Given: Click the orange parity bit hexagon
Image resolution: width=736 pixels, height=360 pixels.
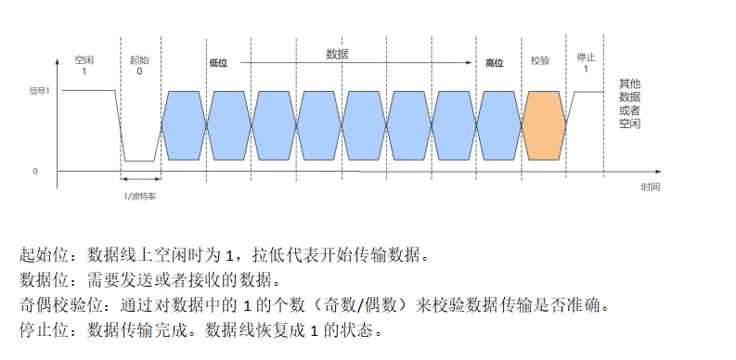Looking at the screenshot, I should click(x=545, y=125).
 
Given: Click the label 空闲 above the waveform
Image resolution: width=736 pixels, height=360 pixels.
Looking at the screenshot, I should click(x=84, y=59).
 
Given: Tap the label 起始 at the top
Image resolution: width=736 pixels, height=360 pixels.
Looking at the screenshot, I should click(x=139, y=59).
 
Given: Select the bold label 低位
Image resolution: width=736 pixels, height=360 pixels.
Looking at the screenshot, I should click(x=219, y=62).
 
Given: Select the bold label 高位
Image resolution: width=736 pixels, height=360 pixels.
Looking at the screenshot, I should click(x=494, y=62).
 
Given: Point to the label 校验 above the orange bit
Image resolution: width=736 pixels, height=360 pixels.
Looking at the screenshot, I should click(x=540, y=60).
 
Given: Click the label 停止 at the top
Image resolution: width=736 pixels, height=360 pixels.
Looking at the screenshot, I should click(x=586, y=58).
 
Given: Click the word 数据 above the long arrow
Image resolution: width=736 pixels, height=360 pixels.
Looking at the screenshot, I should click(x=337, y=54).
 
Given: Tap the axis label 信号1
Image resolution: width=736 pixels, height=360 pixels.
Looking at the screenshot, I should click(x=40, y=91).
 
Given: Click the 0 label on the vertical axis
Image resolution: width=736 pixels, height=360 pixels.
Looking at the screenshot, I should click(x=36, y=172).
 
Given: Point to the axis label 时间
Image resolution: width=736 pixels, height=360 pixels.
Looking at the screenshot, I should click(x=651, y=186).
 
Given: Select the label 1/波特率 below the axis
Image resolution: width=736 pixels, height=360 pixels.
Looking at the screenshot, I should click(x=140, y=195).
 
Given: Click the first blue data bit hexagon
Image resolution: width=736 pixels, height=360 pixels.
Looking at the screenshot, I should click(x=184, y=125).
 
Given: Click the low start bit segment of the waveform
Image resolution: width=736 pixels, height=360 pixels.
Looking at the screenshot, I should click(x=140, y=161).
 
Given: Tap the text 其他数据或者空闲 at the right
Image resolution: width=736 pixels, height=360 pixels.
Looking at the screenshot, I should click(x=629, y=103).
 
